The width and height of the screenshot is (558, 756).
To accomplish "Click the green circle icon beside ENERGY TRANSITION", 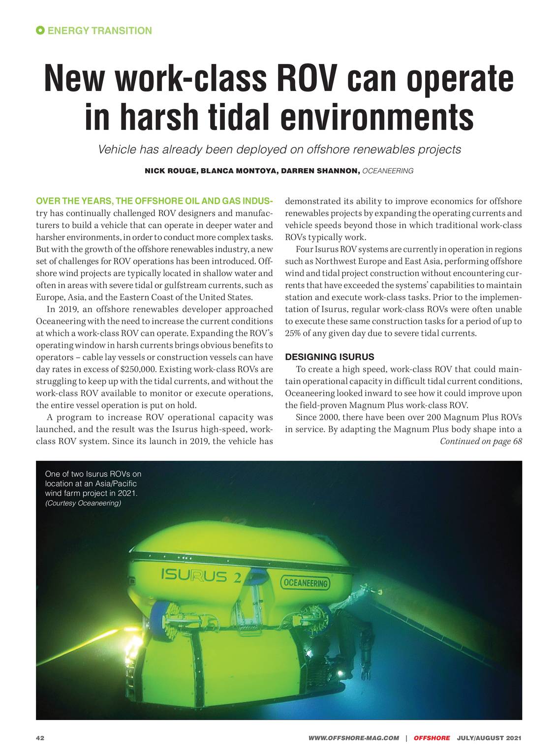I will pyautogui.click(x=40, y=31).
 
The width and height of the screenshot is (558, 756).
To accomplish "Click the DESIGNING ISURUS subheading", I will pyautogui.click(x=330, y=357).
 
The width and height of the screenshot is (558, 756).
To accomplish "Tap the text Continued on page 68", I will pyautogui.click(x=480, y=441).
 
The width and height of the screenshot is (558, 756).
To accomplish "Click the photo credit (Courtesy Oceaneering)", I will pyautogui.click(x=83, y=504).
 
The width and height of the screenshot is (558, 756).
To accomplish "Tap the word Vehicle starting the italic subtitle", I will pyautogui.click(x=117, y=149).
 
